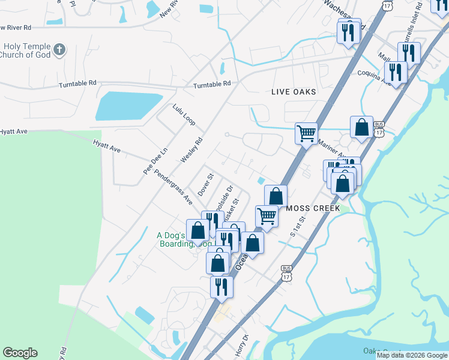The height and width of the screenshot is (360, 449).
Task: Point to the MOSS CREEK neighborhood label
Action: click(x=313, y=208)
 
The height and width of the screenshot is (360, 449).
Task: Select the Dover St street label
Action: click(x=206, y=184)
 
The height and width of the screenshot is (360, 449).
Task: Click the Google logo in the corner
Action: click(x=20, y=353)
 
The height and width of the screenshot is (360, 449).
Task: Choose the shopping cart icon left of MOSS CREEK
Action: click(x=267, y=215)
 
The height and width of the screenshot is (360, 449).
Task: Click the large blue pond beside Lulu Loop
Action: click(x=128, y=106)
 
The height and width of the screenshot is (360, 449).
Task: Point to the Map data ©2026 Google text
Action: click(x=411, y=355)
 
